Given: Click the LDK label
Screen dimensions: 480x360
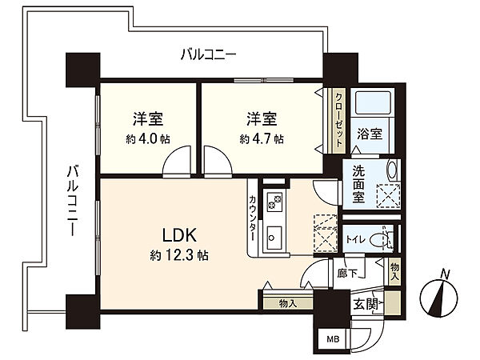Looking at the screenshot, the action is (178, 236).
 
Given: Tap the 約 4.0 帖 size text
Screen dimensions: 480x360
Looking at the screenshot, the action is (148, 139).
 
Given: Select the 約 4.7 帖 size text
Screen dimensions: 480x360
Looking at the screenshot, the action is (262, 139).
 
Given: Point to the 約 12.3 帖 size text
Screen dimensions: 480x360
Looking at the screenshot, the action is (179, 254).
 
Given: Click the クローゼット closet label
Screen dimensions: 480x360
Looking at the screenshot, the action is (339, 121).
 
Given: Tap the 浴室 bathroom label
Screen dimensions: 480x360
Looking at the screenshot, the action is (370, 134).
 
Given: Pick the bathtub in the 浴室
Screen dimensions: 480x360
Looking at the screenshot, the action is (373, 102).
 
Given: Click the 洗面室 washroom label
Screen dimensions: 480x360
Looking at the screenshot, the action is (358, 184).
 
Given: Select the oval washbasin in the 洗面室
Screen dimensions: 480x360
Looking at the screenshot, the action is (391, 170).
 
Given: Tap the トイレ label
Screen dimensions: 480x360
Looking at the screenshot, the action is (356, 239).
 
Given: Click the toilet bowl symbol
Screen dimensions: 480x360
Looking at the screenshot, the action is (378, 240).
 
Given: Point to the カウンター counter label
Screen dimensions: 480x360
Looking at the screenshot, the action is (253, 218).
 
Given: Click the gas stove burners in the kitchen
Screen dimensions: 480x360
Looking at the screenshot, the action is (274, 202).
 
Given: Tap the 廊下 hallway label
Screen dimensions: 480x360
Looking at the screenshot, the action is (347, 273).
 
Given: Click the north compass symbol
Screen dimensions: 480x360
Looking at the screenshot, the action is (439, 295).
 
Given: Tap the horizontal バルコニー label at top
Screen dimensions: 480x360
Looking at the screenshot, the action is (209, 54).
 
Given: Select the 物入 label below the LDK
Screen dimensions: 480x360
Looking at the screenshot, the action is (288, 304).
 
